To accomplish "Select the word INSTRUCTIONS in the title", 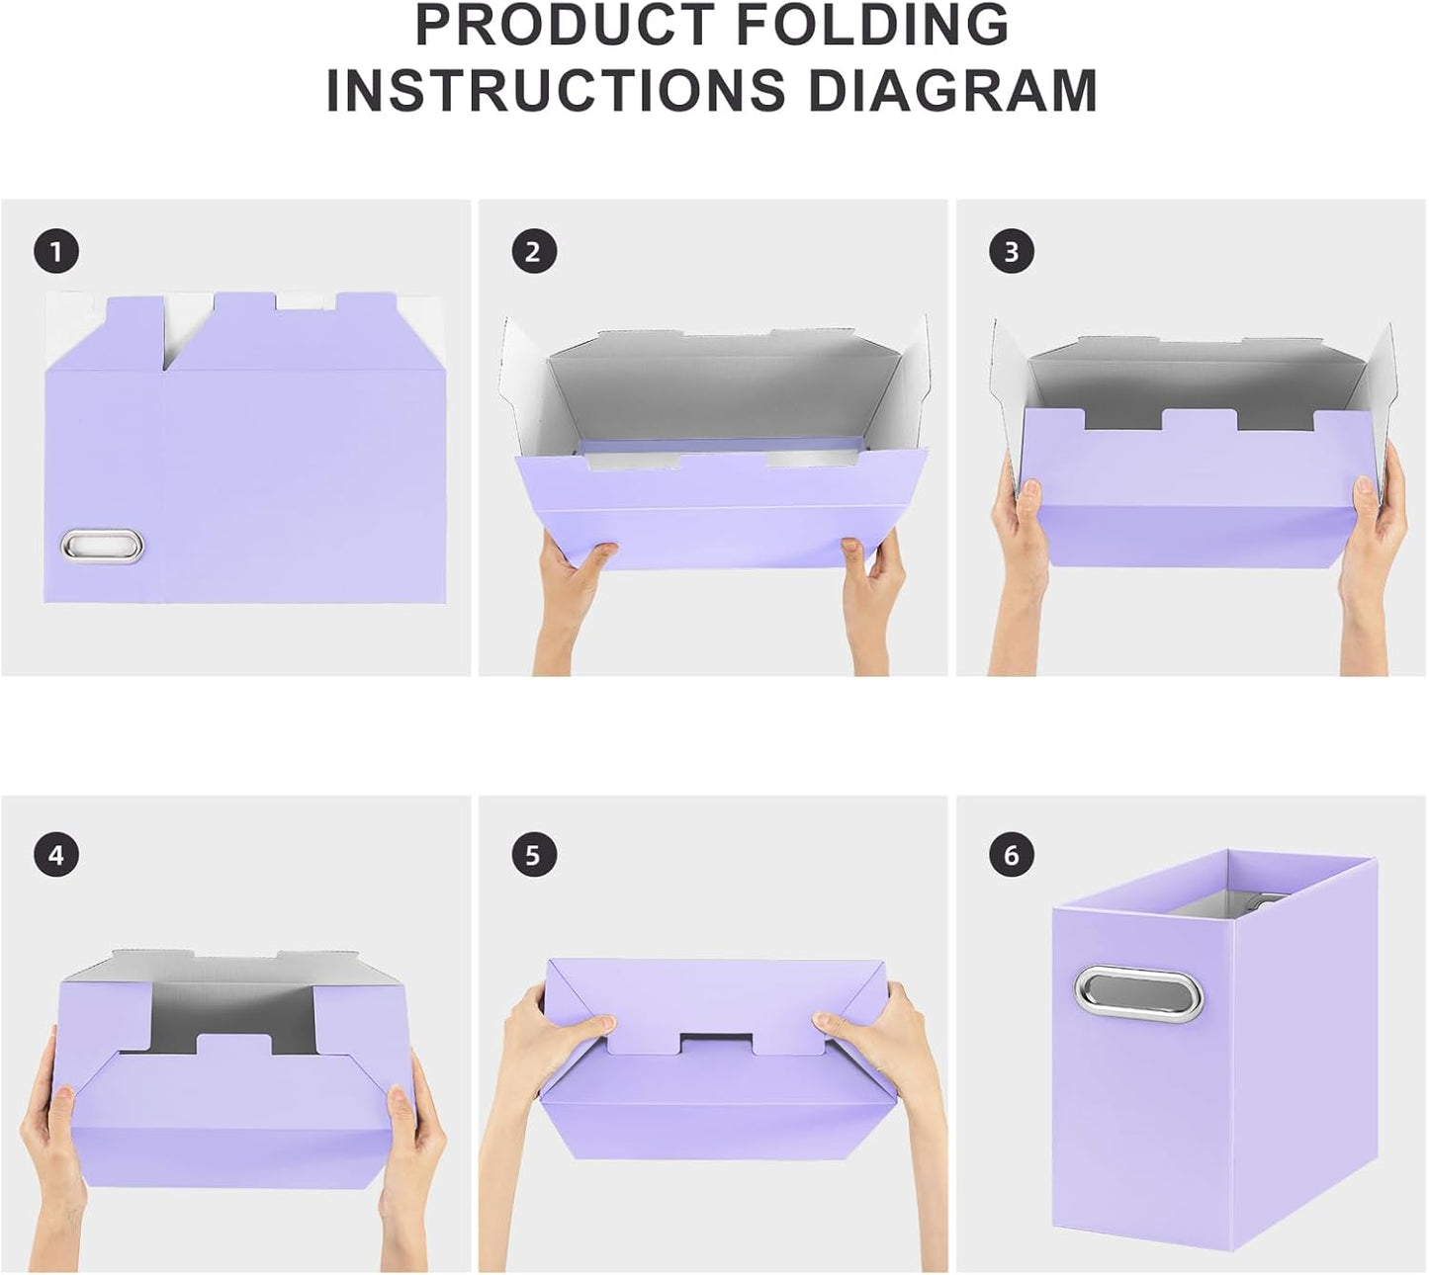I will pyautogui.click(x=556, y=90).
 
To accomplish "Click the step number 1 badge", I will pyautogui.click(x=55, y=252).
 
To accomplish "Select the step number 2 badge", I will pyautogui.click(x=533, y=252).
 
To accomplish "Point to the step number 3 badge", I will pyautogui.click(x=1011, y=252).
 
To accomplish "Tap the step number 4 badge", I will pyautogui.click(x=55, y=855).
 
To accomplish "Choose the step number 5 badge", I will pyautogui.click(x=533, y=855).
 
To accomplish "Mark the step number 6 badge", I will pyautogui.click(x=1011, y=855).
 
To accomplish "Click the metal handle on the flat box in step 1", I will pyautogui.click(x=103, y=545).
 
